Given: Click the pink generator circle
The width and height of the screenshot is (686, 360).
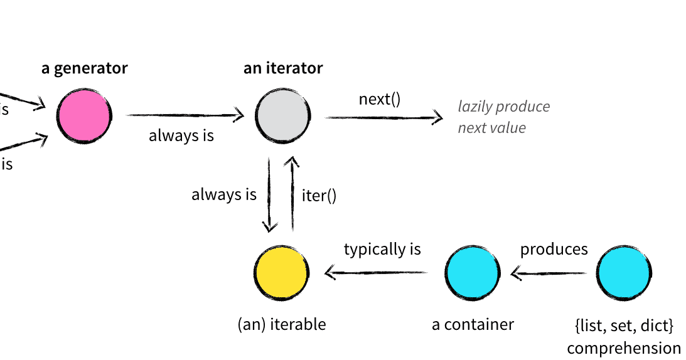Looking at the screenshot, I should (83, 115).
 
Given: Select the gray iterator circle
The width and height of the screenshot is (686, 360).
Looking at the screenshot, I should (282, 116).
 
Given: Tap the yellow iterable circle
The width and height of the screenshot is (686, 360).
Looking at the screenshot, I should (282, 273).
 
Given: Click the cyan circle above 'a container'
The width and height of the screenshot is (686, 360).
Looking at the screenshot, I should (473, 273).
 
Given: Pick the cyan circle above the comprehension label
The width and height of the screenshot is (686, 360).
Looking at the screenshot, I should (623, 273).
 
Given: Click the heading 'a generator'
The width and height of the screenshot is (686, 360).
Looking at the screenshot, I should (84, 68).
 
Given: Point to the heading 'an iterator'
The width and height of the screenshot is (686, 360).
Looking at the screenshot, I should (283, 68).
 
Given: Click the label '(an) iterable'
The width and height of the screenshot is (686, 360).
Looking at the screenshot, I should (282, 324).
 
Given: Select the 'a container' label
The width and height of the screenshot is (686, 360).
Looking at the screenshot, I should (473, 324).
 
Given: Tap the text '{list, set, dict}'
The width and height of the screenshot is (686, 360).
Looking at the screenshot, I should (623, 326).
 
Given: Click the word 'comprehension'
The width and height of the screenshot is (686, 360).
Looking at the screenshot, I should (623, 348).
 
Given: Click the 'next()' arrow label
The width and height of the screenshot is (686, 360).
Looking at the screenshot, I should (379, 99).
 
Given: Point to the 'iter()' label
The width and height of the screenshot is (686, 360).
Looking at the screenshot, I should (319, 196).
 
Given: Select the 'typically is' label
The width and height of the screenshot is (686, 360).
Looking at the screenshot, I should (382, 249).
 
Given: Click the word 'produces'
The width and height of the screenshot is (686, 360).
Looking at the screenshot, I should (554, 249).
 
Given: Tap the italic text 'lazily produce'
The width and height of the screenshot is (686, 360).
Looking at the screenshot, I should (503, 107).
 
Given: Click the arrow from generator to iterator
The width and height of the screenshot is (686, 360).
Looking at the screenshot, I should (185, 115).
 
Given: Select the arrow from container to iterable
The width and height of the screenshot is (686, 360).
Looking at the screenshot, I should (377, 273).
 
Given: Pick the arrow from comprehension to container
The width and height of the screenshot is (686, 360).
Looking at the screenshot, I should (549, 273).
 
